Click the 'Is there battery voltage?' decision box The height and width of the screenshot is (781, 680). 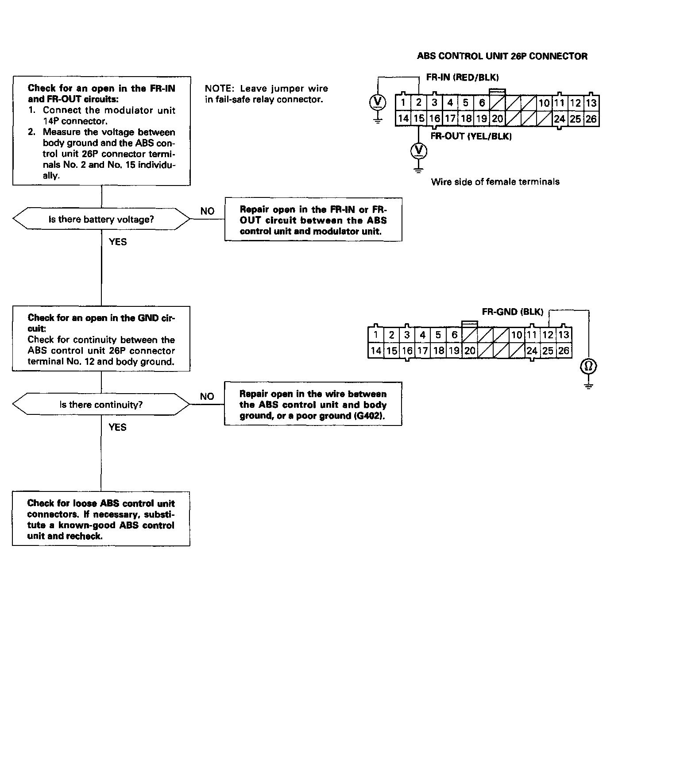tap(101, 219)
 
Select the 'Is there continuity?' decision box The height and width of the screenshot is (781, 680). tap(101, 404)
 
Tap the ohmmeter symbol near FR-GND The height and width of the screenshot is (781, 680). tap(588, 367)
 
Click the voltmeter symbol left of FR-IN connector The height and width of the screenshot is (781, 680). tap(377, 102)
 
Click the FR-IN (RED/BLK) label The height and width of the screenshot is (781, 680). tap(462, 77)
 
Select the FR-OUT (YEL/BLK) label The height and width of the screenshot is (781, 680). tap(471, 136)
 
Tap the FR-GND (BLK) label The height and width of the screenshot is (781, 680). tap(512, 312)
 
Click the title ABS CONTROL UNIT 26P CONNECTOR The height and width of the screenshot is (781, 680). tap(502, 56)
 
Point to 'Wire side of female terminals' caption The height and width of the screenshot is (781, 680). tap(495, 182)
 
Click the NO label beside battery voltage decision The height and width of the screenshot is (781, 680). tap(207, 211)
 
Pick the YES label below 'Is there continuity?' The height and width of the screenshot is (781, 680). tap(117, 427)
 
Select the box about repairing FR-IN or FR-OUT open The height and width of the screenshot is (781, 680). tap(313, 220)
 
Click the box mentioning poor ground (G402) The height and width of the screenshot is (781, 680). tap(313, 404)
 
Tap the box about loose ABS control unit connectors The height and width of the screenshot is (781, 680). tap(101, 519)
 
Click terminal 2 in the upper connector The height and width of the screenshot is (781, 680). tap(418, 103)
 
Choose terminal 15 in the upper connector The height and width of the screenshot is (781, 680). tap(418, 119)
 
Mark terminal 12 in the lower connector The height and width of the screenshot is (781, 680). tap(548, 335)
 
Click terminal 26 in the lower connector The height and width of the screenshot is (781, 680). tap(564, 351)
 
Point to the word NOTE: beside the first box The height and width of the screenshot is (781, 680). tap(219, 89)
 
